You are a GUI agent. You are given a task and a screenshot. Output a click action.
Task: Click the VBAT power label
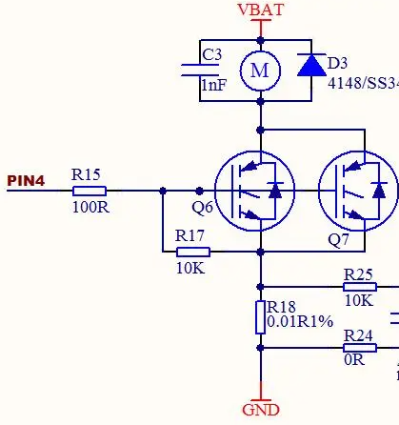260,10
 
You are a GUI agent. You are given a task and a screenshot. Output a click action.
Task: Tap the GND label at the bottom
261,410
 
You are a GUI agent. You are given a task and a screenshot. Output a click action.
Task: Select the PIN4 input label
26,180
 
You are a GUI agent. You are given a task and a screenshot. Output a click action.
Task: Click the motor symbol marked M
260,71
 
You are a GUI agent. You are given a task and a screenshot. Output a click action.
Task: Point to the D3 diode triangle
311,65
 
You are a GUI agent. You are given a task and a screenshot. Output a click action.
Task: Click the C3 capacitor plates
200,71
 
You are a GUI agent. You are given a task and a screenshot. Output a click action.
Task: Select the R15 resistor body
90,191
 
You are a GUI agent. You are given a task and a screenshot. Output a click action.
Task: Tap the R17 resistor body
193,253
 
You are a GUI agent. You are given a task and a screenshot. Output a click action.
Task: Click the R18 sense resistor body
260,317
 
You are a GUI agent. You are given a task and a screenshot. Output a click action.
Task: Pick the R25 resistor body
360,287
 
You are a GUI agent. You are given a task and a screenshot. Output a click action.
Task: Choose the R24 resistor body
360,348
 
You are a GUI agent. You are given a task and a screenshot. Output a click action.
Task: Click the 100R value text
90,208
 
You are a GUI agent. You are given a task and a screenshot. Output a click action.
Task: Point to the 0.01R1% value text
300,321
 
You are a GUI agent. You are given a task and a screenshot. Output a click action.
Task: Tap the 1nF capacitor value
214,85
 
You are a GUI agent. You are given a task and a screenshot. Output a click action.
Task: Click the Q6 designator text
202,208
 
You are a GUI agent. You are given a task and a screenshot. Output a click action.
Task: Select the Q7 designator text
338,240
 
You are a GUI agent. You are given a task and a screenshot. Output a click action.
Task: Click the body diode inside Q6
275,191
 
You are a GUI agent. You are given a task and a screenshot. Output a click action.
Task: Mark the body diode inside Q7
379,191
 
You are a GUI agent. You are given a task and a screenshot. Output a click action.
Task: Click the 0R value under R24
354,360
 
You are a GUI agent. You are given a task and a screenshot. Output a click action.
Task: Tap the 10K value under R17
190,269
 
